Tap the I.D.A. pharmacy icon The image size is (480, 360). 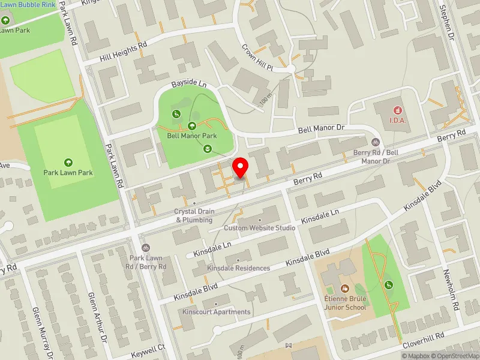pos(396,110)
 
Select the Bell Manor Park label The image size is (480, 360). pos(191,136)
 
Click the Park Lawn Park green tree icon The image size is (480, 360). pos(68,162)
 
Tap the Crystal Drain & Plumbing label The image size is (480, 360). pos(194,215)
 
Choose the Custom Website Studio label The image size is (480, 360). pos(259,228)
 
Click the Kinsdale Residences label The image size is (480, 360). pos(238,268)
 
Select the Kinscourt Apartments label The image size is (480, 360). pos(217,312)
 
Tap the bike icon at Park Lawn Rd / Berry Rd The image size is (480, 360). pos(145,248)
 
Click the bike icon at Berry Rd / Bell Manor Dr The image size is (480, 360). pos(376,142)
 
